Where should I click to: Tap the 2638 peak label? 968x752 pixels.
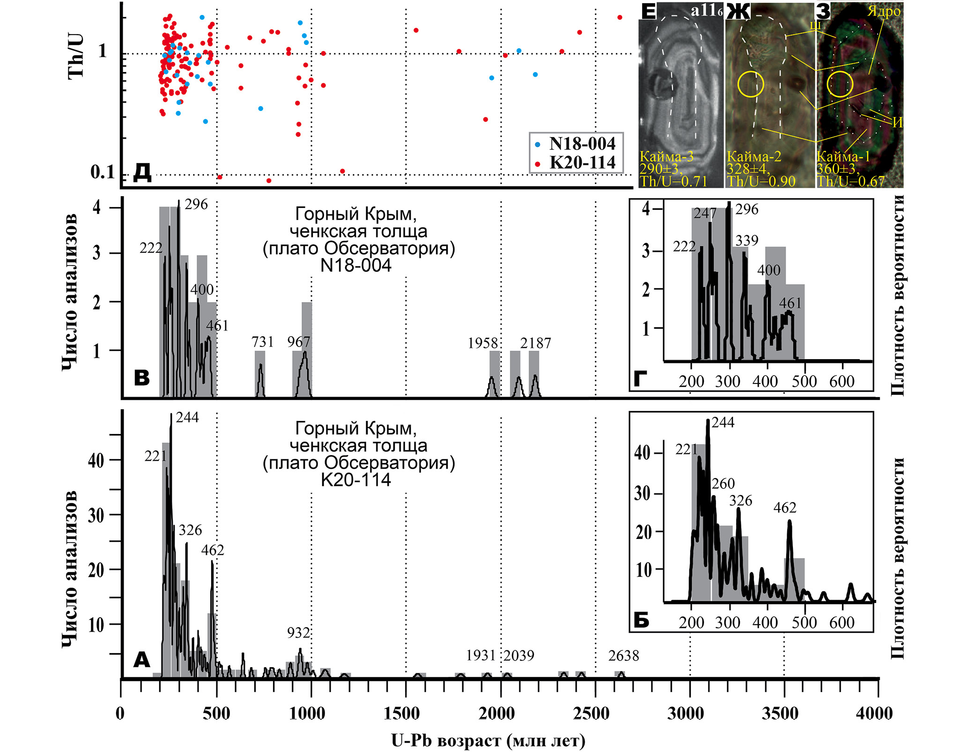click(623, 656)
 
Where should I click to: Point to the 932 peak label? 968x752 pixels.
click(299, 633)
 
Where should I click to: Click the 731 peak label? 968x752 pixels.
click(262, 342)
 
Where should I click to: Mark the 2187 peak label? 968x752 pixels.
click(535, 343)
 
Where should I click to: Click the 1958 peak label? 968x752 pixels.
click(482, 343)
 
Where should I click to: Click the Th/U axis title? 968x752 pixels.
click(76, 56)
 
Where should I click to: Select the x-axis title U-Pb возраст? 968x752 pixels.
click(488, 740)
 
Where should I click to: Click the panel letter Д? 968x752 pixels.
click(142, 172)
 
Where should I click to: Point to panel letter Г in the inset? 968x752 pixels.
click(640, 378)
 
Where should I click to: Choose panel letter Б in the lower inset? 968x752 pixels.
click(641, 620)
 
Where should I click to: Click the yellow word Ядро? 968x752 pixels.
click(884, 11)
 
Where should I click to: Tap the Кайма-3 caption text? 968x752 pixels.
click(666, 156)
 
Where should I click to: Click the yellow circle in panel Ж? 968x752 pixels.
click(751, 84)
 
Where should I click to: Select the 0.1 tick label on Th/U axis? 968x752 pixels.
click(103, 172)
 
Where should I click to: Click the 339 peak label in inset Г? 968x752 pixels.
click(746, 240)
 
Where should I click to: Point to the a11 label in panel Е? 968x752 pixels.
click(706, 10)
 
